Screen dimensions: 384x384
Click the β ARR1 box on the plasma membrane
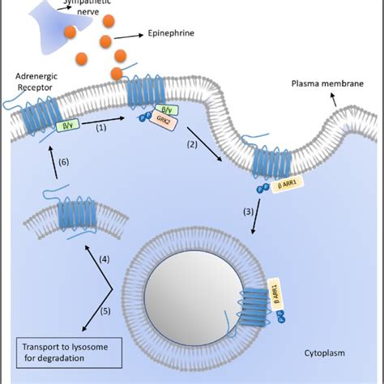coord(288,186)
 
